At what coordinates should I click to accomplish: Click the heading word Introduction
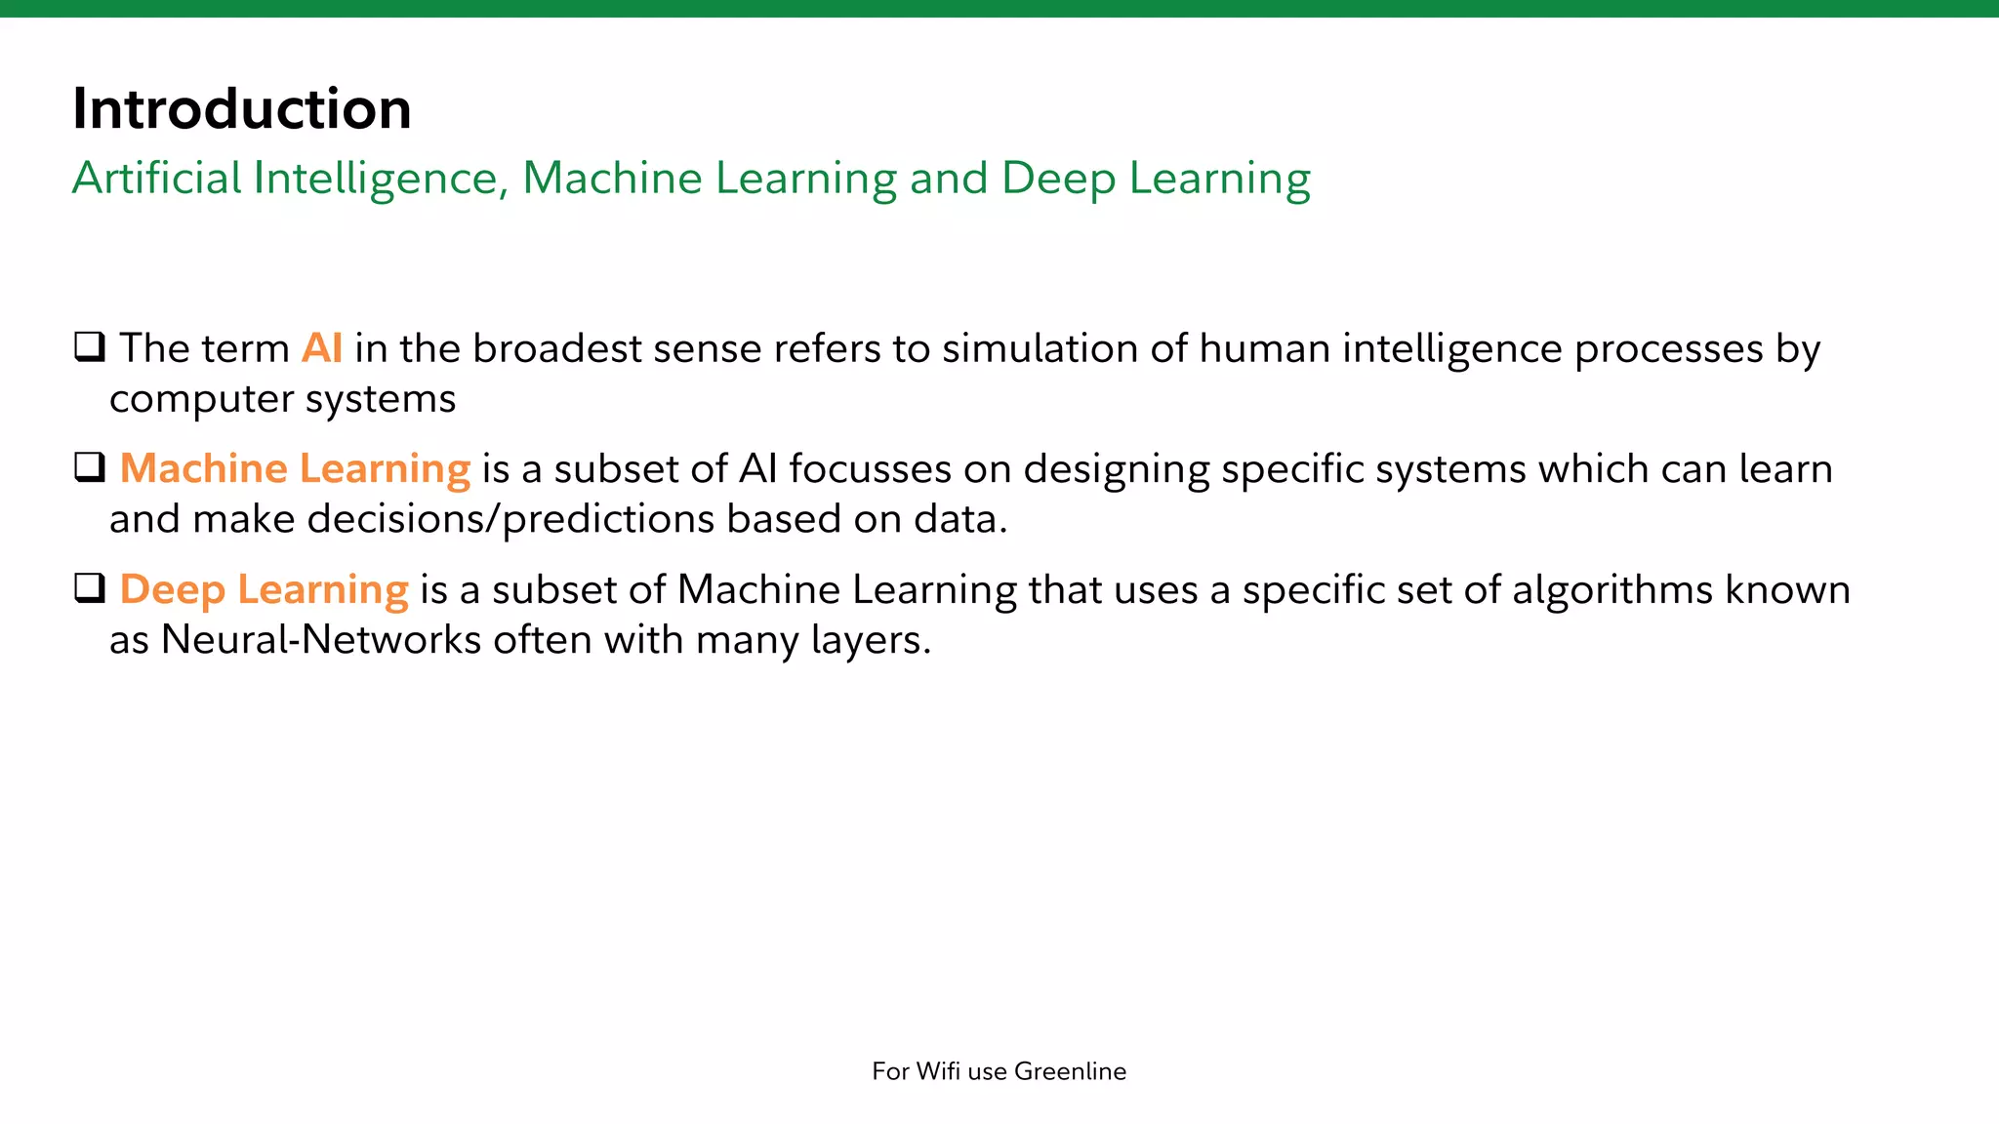pyautogui.click(x=241, y=108)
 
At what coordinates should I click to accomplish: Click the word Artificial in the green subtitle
pyautogui.click(x=156, y=178)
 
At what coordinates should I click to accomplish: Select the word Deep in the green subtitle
pyautogui.click(x=1058, y=180)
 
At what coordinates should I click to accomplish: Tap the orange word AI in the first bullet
pyautogui.click(x=322, y=348)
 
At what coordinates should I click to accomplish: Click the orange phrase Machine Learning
pyautogui.click(x=295, y=469)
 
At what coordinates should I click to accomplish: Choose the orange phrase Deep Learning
pyautogui.click(x=264, y=590)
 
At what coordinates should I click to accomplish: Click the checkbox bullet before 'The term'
pyautogui.click(x=90, y=346)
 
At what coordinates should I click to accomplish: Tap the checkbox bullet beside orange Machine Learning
pyautogui.click(x=90, y=467)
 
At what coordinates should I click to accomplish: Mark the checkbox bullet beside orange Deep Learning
pyautogui.click(x=90, y=588)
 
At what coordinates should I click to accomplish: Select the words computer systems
pyautogui.click(x=282, y=399)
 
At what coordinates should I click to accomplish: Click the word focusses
pyautogui.click(x=870, y=469)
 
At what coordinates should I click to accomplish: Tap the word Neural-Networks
pyautogui.click(x=321, y=640)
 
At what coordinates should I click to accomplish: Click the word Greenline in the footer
pyautogui.click(x=1070, y=1071)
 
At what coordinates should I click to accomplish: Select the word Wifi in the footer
pyautogui.click(x=938, y=1071)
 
